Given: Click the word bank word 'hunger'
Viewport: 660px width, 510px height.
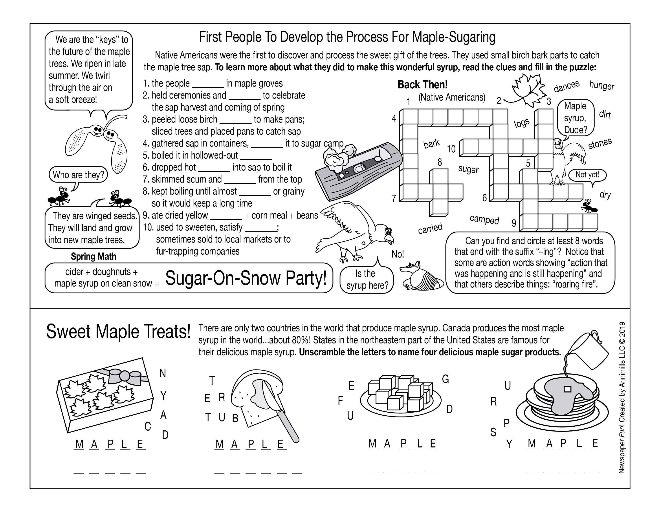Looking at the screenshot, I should click(601, 86).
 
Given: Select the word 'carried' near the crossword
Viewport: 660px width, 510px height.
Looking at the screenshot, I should click(430, 228).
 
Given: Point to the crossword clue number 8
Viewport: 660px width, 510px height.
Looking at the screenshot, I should click(440, 162).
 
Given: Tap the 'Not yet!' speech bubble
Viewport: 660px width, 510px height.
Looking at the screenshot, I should click(587, 175).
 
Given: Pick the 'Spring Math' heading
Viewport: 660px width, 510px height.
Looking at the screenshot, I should click(93, 256).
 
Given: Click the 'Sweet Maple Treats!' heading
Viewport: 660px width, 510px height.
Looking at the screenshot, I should click(118, 332).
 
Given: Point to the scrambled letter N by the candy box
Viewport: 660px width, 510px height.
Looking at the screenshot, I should click(163, 374).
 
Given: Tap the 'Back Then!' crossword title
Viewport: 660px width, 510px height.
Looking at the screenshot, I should click(422, 85).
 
